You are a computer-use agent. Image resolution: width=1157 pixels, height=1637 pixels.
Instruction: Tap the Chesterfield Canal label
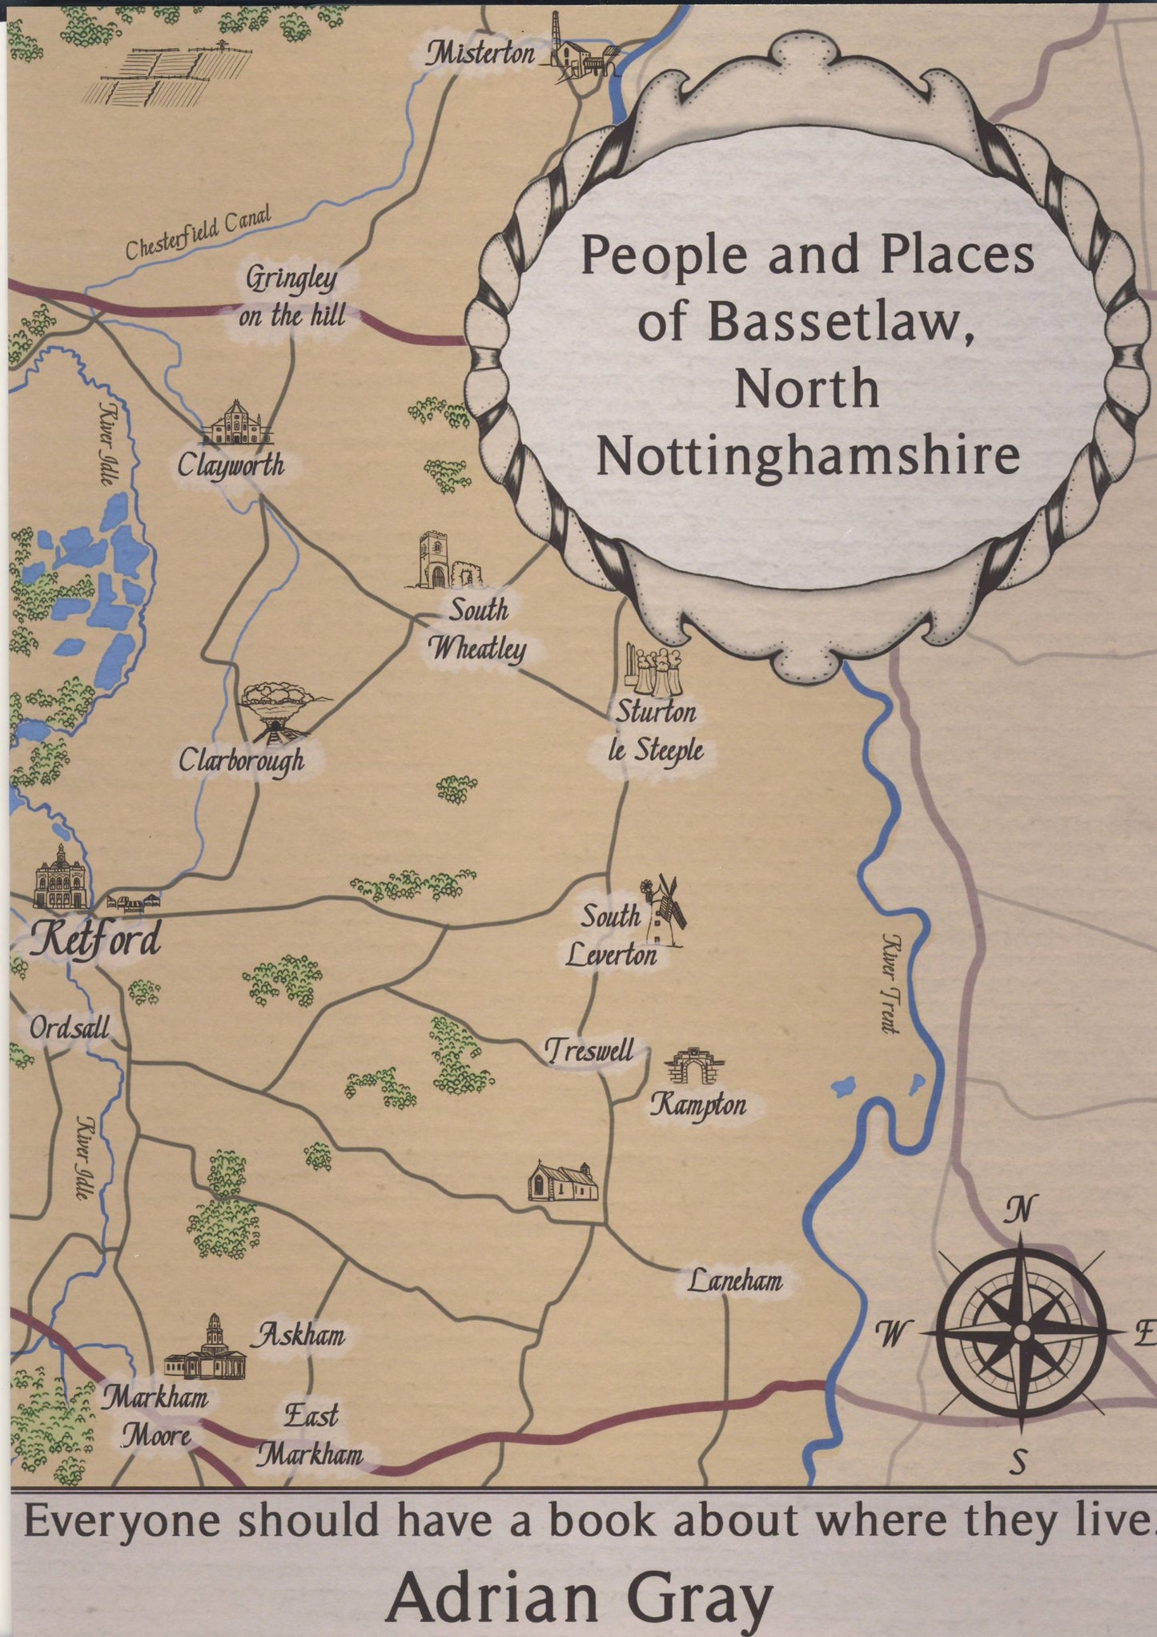click(198, 232)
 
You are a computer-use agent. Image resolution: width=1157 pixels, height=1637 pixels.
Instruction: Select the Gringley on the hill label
click(292, 297)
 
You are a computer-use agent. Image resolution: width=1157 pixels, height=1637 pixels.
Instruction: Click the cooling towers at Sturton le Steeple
click(653, 670)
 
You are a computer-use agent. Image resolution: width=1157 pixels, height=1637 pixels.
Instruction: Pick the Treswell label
click(589, 1050)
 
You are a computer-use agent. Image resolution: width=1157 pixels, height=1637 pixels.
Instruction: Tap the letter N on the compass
click(1020, 1209)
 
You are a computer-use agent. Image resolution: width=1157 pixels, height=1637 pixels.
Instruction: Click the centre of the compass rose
click(1022, 1331)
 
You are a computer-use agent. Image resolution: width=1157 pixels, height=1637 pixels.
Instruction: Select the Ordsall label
click(70, 1028)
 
